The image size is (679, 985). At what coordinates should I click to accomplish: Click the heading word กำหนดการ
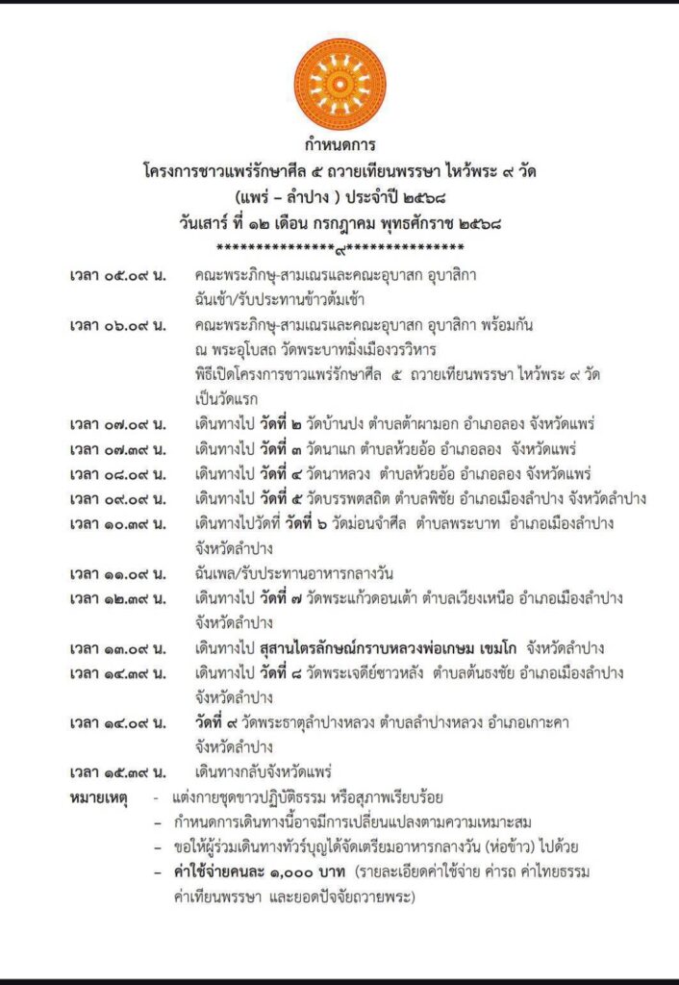(339, 146)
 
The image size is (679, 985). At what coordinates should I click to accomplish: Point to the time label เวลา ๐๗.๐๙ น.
(118, 424)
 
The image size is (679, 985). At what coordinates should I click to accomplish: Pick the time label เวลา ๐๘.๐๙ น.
(118, 473)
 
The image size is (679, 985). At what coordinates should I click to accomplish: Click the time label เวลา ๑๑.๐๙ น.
(118, 574)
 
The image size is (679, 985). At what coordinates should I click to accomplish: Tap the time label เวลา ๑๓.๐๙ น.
(118, 648)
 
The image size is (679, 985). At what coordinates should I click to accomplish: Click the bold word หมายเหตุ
(99, 797)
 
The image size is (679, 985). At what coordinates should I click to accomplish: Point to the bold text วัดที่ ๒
(262, 424)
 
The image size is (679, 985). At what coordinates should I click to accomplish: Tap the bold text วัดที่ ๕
(262, 498)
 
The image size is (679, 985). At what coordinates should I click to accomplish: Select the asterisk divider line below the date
(339, 249)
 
